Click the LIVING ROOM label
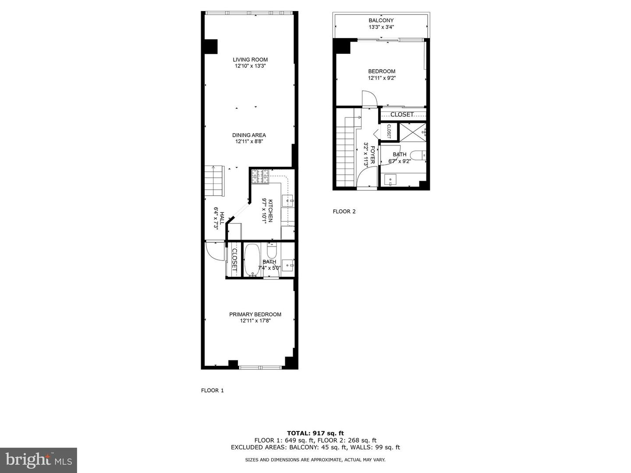(250, 60)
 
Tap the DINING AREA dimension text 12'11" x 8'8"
(249, 141)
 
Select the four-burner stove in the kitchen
(260, 176)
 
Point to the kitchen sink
(288, 201)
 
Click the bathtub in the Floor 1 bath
(252, 260)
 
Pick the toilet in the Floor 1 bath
(272, 252)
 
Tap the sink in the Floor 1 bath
(288, 264)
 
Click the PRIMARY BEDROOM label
(255, 314)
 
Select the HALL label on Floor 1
(222, 218)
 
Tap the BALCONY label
(381, 20)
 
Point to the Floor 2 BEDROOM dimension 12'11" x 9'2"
(381, 78)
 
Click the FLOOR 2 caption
(344, 212)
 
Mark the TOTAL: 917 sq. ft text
(315, 433)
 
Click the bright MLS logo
(38, 459)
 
